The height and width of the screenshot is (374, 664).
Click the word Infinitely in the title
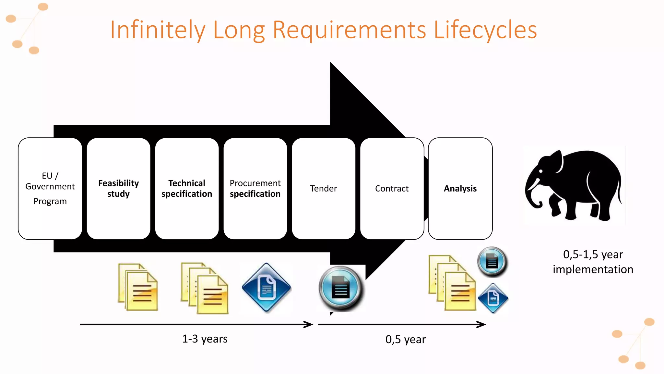tap(158, 30)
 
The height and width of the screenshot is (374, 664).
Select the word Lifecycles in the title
tap(485, 30)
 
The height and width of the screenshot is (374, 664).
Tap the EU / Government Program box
tap(50, 188)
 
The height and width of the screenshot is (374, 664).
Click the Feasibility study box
tap(118, 188)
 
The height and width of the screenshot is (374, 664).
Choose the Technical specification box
tap(187, 188)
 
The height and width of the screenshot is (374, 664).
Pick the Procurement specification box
tap(255, 188)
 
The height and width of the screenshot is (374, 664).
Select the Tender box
tap(324, 188)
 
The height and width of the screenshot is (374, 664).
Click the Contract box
tap(392, 188)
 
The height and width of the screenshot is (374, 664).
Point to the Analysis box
tap(460, 188)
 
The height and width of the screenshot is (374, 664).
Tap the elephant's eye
tap(541, 171)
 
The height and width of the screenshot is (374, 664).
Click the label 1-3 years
tap(205, 339)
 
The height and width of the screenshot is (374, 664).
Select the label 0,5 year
tap(405, 340)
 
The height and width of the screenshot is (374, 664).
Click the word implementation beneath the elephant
tap(593, 269)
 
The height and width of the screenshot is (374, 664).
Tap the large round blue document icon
tap(340, 288)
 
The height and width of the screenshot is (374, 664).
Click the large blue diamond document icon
tap(267, 288)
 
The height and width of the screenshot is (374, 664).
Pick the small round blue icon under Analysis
tap(492, 262)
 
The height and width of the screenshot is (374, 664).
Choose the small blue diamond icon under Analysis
tap(493, 298)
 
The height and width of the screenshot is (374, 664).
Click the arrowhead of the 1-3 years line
tap(309, 324)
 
